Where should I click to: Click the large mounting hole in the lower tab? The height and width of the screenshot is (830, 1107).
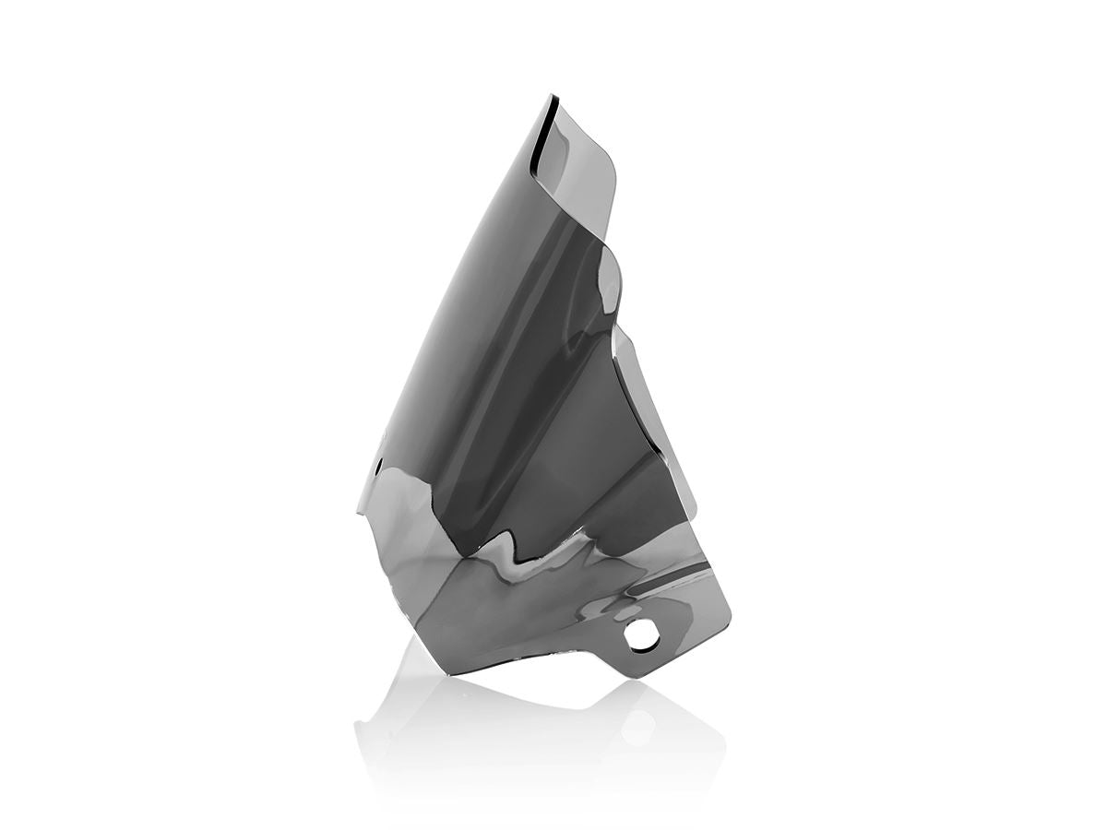pos(638,635)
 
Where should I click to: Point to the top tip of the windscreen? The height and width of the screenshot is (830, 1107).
pos(553,95)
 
